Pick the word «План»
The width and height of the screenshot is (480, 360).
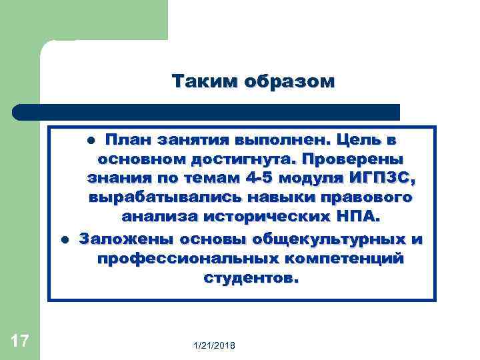tap(127, 141)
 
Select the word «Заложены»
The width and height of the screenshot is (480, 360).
tap(124, 239)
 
